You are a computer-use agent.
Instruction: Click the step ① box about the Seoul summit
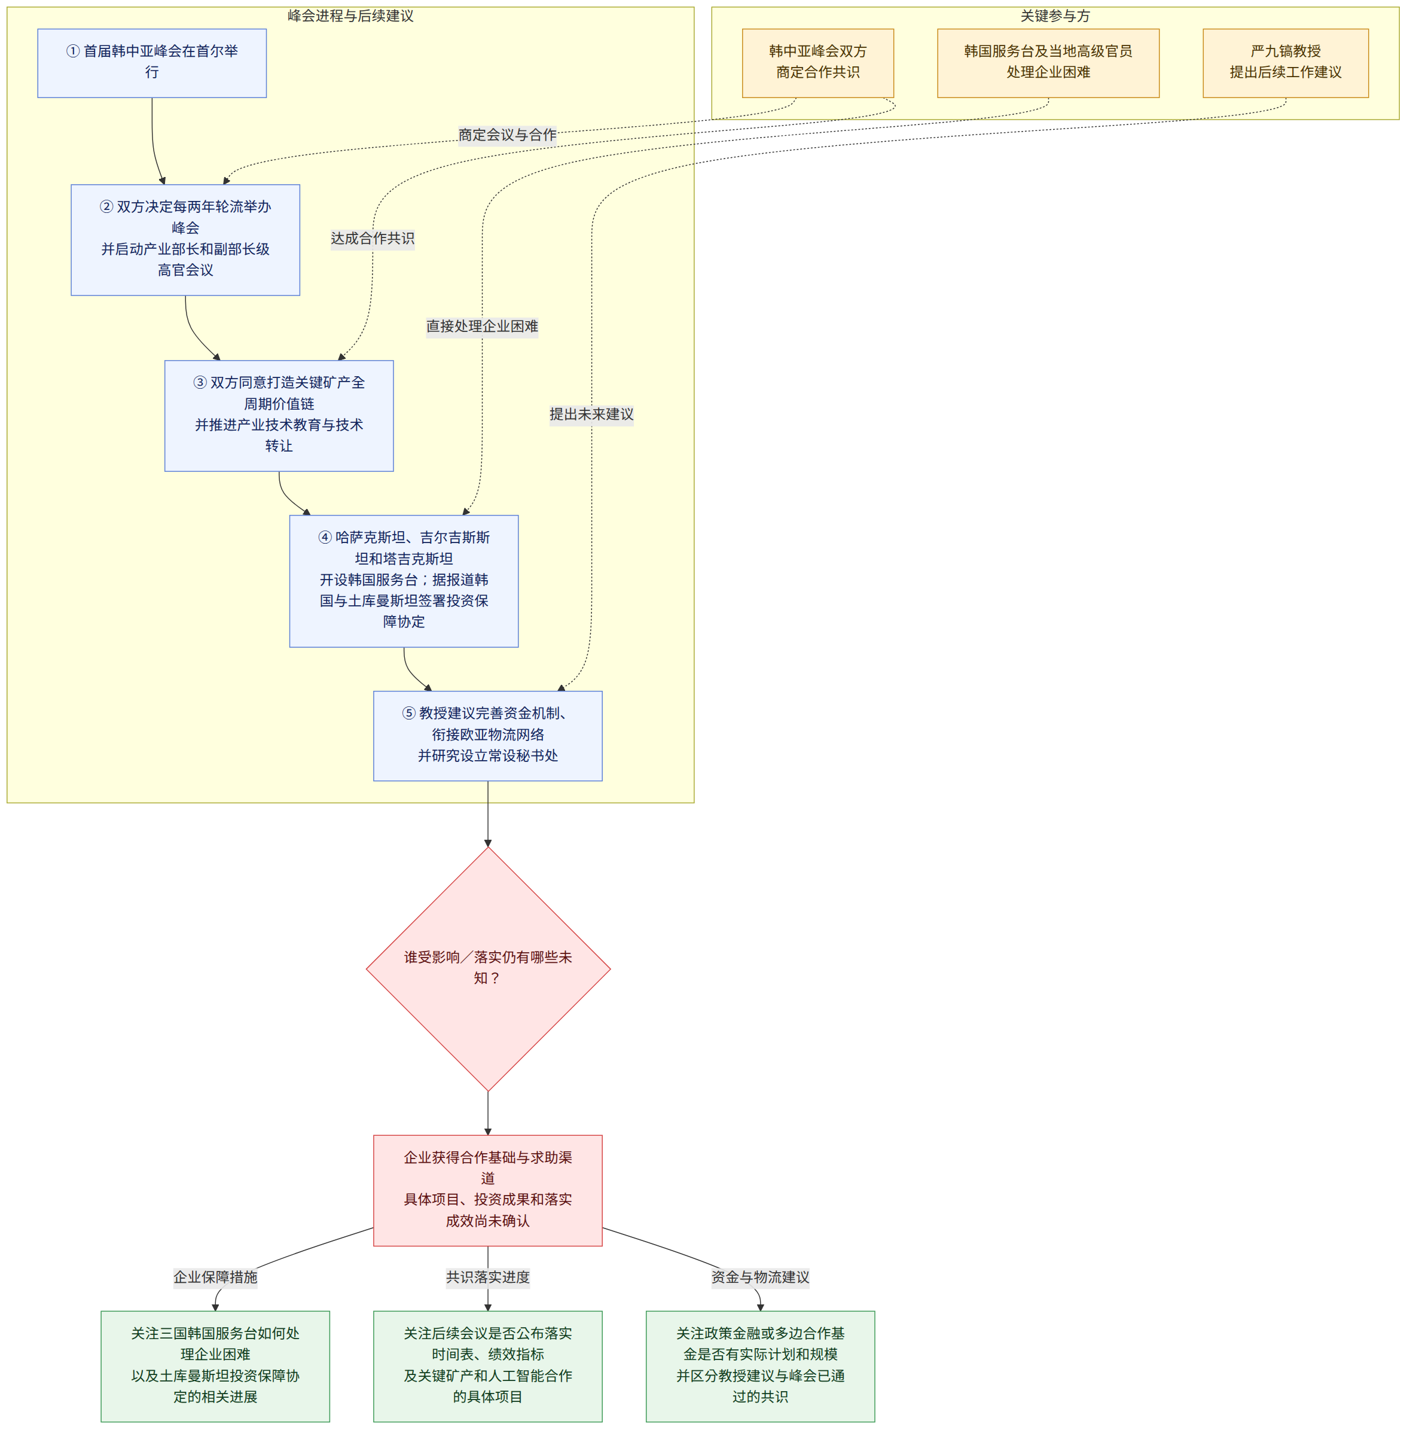[152, 63]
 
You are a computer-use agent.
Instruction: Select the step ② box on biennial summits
[185, 239]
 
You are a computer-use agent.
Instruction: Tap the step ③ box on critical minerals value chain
[279, 416]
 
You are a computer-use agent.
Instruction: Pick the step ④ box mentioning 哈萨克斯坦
[404, 581]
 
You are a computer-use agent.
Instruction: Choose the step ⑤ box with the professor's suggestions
[488, 736]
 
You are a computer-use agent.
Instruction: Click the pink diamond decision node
[488, 969]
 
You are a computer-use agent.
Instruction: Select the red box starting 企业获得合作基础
[488, 1190]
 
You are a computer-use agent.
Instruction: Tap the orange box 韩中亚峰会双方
[818, 63]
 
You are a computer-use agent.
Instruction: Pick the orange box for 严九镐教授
[1285, 63]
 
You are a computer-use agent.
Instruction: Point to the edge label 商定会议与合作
[507, 135]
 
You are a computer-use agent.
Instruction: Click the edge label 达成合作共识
[373, 238]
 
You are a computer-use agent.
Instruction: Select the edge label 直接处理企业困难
[482, 326]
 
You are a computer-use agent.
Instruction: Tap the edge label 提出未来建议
[591, 414]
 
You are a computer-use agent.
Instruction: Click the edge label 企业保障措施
[216, 1277]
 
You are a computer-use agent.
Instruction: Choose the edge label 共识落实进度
[488, 1277]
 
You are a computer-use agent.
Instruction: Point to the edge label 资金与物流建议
[760, 1277]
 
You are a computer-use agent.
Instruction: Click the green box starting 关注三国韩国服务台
[216, 1366]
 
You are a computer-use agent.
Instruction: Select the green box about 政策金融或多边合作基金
[760, 1366]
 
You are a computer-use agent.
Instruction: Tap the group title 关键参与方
[1055, 16]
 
